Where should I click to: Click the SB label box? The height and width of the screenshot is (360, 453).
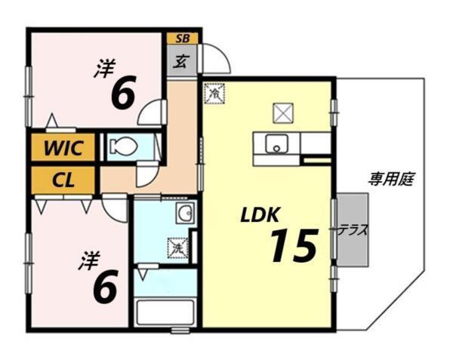[182, 38]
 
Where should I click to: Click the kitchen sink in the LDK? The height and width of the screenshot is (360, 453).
[276, 143]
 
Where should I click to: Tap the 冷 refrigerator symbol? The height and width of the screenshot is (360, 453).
[214, 94]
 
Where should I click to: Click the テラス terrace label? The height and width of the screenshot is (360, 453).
[353, 230]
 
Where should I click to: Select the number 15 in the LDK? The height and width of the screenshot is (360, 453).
[292, 246]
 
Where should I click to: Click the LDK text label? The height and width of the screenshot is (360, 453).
[259, 216]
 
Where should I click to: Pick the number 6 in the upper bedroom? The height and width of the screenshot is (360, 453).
[123, 94]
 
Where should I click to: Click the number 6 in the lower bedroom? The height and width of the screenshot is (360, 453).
[104, 286]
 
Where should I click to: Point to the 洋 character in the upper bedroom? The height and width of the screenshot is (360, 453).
[104, 69]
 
